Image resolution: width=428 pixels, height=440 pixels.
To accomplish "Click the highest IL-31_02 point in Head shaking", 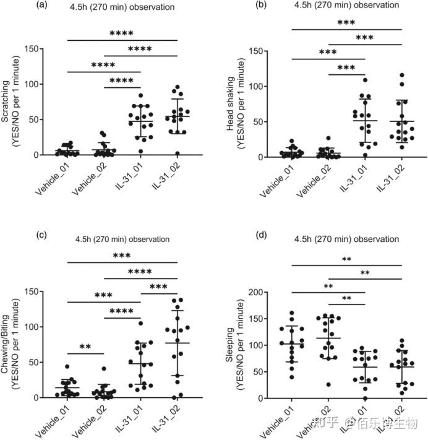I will [x=401, y=76].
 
